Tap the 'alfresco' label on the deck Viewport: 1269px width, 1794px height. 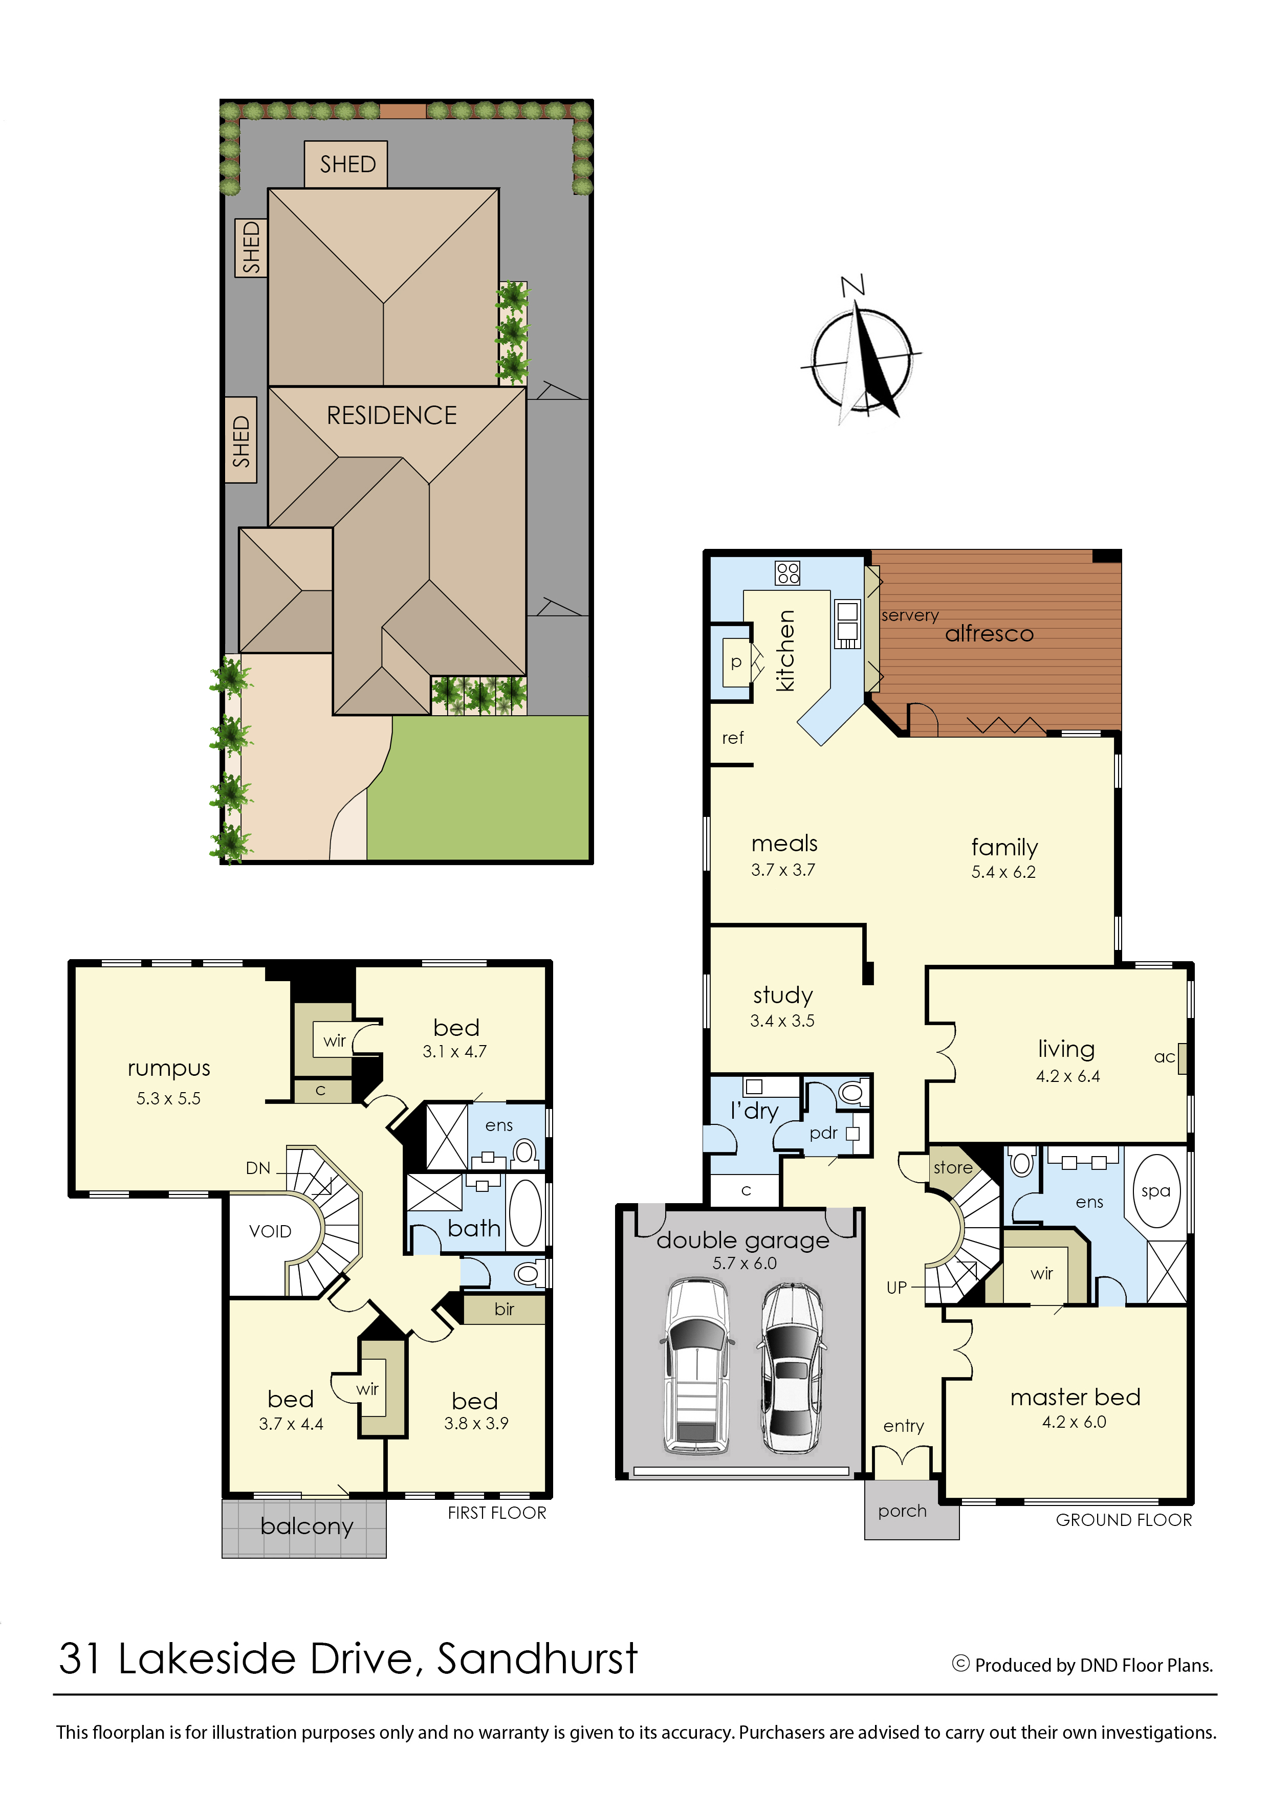[x=989, y=634]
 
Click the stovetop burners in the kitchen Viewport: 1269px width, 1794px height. [x=787, y=573]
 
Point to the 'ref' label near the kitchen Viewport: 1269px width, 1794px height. [x=732, y=738]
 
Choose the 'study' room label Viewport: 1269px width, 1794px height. [x=783, y=995]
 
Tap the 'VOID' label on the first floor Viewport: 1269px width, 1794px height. [x=270, y=1231]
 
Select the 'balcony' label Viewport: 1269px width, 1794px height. [x=307, y=1526]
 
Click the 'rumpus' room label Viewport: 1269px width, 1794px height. [x=169, y=1069]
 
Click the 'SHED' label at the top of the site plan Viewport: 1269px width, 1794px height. [x=348, y=164]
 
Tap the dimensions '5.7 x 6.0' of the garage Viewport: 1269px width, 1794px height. [x=745, y=1264]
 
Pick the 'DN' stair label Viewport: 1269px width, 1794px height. [x=258, y=1168]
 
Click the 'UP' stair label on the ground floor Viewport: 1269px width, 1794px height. [x=896, y=1288]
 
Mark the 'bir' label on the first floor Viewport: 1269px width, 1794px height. [x=504, y=1310]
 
